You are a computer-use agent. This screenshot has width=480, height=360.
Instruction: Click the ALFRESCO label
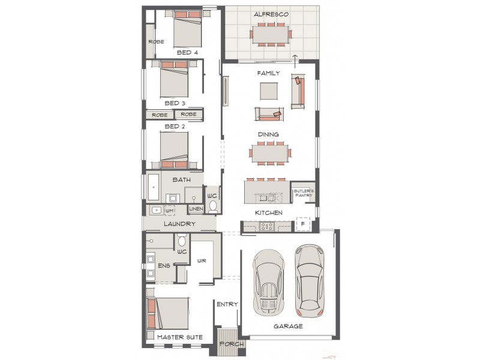click(271, 14)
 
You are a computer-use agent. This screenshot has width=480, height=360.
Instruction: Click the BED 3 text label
click(175, 103)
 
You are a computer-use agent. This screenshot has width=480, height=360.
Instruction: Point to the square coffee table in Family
click(269, 91)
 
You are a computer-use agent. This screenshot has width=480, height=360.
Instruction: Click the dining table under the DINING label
click(270, 152)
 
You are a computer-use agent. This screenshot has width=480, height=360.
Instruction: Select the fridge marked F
click(303, 225)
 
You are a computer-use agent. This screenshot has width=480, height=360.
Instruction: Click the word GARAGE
click(288, 326)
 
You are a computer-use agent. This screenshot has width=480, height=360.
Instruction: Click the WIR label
click(202, 260)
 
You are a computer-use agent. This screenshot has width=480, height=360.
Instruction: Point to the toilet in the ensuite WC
click(182, 241)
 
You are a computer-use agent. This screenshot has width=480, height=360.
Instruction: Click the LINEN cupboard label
click(196, 209)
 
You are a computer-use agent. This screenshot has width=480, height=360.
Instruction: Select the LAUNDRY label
click(179, 224)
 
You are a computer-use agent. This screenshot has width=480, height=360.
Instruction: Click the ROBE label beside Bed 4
click(156, 42)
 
